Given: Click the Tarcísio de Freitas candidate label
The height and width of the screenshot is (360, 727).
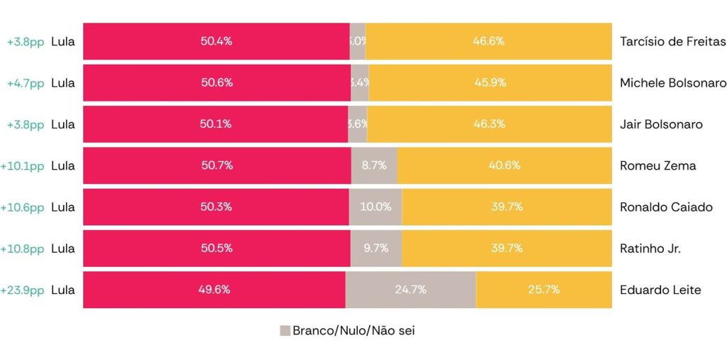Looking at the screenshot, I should tap(672, 41).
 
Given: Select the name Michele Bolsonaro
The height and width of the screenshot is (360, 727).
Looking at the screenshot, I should tap(672, 83).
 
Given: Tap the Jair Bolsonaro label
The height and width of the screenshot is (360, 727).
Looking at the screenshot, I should tap(661, 124).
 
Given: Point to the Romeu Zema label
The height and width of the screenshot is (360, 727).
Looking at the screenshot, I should tap(657, 165).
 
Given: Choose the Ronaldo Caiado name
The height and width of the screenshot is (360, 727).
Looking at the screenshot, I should tap(666, 207).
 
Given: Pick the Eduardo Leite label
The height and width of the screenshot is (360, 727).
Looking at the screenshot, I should tap(660, 290).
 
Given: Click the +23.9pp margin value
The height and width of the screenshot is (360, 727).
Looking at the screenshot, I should tap(23, 290).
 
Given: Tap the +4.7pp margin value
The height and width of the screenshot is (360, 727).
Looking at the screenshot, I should tap(26, 83).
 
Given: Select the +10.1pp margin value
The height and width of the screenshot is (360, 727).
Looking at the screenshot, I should tap(23, 165).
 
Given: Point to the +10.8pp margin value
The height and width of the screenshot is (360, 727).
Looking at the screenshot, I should tap(23, 249).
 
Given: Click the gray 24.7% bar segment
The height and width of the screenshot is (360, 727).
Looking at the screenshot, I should tap(410, 290).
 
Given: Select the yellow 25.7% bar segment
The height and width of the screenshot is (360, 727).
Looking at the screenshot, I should tap(543, 290).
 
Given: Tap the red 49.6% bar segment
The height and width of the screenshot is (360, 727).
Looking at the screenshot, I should tap(214, 290).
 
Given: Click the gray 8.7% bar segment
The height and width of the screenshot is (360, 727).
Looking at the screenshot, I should tap(374, 165).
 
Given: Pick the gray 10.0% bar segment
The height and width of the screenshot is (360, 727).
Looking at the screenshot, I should tap(376, 207).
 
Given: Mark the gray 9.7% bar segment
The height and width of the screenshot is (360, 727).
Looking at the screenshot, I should tap(376, 249).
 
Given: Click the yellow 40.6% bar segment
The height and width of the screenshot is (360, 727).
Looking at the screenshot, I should tap(504, 165).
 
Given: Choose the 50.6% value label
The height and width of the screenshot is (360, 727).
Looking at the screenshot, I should tap(217, 83).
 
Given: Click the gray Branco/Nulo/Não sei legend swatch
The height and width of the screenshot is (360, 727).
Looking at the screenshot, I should tap(285, 331).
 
